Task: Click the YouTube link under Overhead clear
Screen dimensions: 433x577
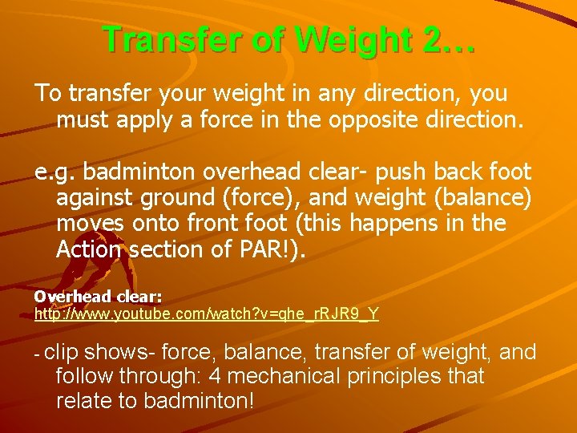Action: [207, 314]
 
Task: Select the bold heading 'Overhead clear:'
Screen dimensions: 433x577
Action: [98, 296]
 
